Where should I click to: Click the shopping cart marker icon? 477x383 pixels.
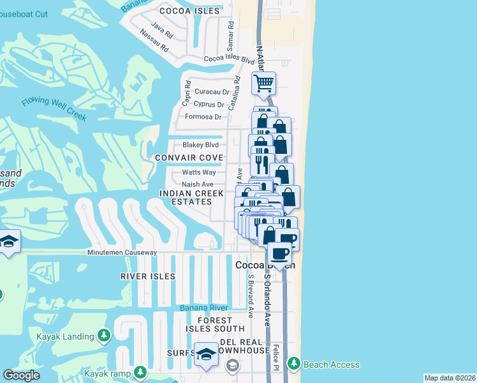coord(263,83)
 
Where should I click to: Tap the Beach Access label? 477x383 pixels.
coord(331,364)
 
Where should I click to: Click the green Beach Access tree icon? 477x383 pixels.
coord(294,364)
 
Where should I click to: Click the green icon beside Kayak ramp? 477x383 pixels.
coord(140,372)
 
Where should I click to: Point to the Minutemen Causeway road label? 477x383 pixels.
coord(122,253)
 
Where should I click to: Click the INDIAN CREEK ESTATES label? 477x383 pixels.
coord(192,197)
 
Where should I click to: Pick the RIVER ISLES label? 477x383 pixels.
coord(148,276)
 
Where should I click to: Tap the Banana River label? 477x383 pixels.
coord(203,308)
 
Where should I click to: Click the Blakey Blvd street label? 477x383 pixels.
coord(201,145)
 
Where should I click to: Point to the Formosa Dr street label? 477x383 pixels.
coord(203,117)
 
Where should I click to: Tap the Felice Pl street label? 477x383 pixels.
coord(276,356)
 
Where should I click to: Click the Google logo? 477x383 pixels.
coord(21,376)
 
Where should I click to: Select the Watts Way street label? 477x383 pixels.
coord(199,172)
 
